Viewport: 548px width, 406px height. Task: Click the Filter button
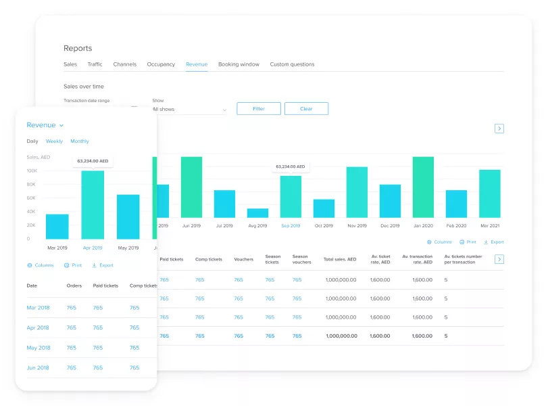pos(258,108)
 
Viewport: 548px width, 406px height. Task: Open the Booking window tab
pos(239,64)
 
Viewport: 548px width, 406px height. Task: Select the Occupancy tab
pos(161,64)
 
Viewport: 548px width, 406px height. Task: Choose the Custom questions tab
pos(292,64)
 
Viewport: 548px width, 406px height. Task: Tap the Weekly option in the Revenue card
pos(54,141)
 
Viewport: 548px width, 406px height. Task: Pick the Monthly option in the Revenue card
pos(80,141)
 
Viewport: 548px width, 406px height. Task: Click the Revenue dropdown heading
pos(45,125)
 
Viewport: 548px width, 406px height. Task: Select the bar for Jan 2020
pos(423,187)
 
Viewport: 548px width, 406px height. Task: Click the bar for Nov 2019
pos(357,192)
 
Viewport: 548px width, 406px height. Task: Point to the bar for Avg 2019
pos(257,212)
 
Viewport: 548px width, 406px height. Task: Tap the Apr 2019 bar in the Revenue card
pos(93,204)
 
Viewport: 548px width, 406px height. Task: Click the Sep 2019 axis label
pos(291,225)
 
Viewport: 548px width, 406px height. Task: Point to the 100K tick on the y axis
pos(32,171)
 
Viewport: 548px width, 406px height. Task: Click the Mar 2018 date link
pos(38,308)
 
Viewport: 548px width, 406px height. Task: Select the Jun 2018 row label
pos(38,367)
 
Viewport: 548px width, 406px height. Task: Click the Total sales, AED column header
pos(339,259)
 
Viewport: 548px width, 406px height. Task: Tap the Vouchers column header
pos(244,259)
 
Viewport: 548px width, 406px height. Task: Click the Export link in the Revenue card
pos(103,265)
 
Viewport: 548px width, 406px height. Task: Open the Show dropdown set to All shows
pos(189,109)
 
